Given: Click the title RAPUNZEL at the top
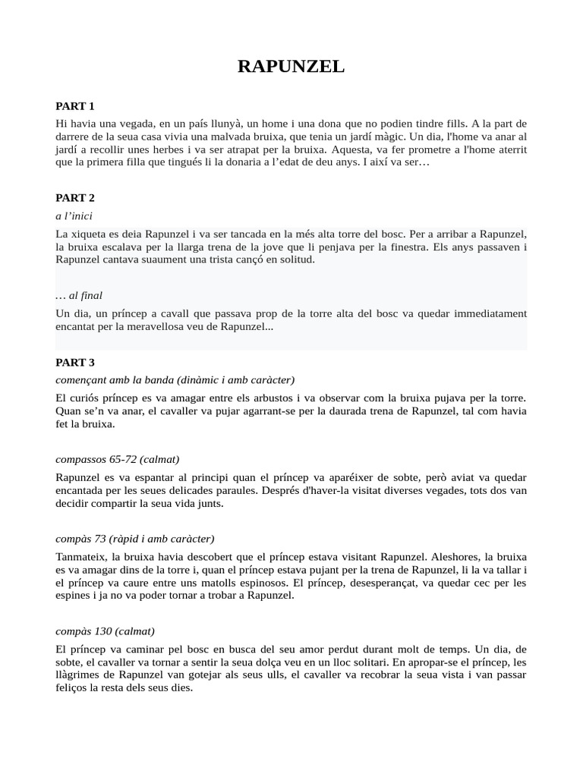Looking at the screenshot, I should tap(291, 67).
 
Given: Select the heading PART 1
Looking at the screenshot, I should tap(75, 105).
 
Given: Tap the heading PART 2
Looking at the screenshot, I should tap(75, 198).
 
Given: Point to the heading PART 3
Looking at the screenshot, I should tap(75, 363).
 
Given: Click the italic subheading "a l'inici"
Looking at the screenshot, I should tap(74, 215).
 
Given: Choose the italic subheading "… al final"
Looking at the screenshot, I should tap(79, 295).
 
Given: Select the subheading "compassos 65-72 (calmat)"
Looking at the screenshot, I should tap(118, 459).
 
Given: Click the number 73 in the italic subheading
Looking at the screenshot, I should tap(101, 539).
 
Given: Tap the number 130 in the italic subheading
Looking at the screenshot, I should tap(104, 631).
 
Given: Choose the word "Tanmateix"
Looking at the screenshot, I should tap(82, 557).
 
